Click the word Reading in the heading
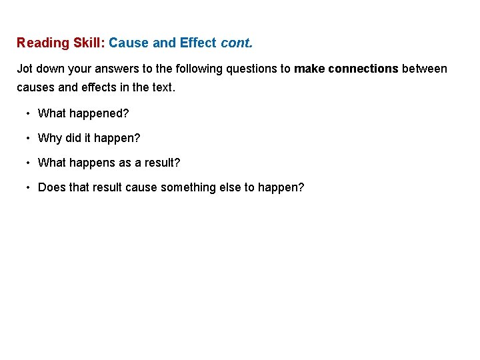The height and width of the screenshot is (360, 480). [x=43, y=43]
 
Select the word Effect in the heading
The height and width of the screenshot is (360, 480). [x=198, y=43]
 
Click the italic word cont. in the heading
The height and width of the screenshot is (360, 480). [x=237, y=43]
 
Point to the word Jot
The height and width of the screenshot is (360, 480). [x=25, y=69]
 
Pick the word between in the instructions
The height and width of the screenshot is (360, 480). [x=425, y=69]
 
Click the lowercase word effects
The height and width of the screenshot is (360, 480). [x=95, y=87]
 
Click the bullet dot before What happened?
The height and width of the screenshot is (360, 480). [x=29, y=113]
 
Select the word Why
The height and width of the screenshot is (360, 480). [x=50, y=138]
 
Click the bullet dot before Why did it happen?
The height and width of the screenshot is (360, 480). [x=29, y=138]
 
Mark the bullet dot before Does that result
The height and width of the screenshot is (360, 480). [x=29, y=187]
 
